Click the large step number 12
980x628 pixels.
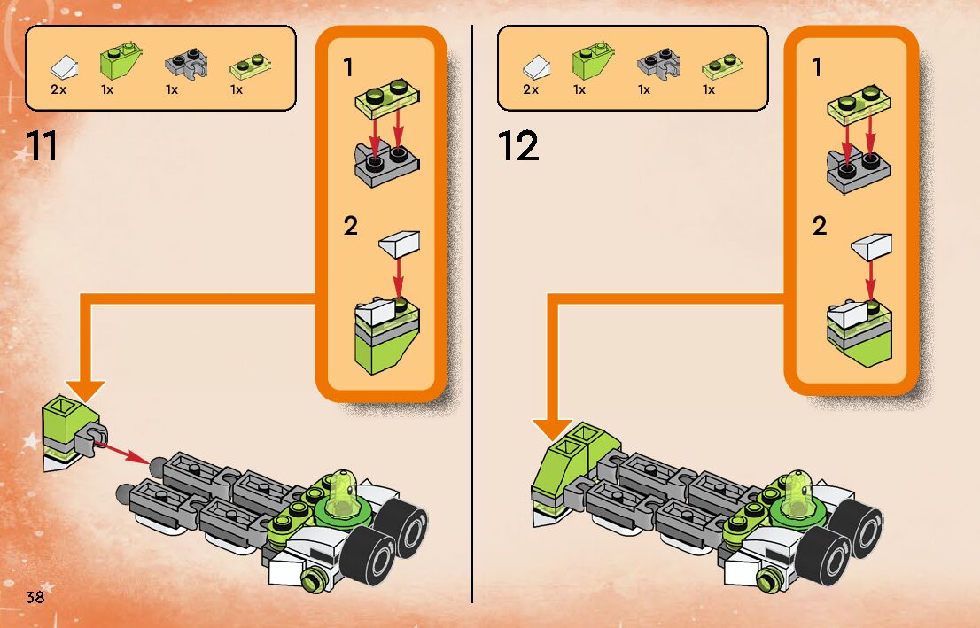(x=518, y=147)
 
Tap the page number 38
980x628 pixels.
(x=35, y=596)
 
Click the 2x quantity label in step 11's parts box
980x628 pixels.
(x=59, y=89)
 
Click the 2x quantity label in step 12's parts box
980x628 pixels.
(x=532, y=89)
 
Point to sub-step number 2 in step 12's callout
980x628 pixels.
(x=820, y=227)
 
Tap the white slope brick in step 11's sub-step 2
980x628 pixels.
(x=399, y=244)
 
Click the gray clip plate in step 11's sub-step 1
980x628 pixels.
(x=385, y=164)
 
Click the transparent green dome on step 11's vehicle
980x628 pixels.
(x=344, y=492)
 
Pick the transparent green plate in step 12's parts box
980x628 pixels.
(x=717, y=67)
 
